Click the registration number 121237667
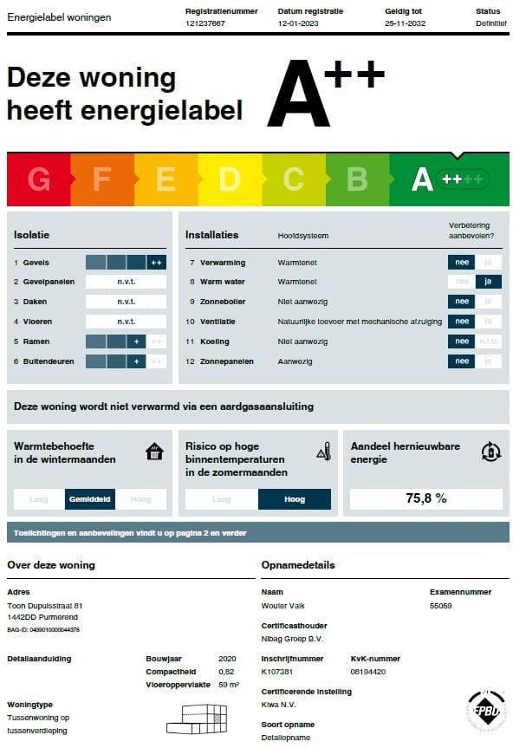tap(205, 24)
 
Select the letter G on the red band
tap(39, 179)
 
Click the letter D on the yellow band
tap(229, 179)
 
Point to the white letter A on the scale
tap(421, 179)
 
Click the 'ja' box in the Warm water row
tap(489, 282)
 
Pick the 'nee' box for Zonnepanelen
tap(461, 361)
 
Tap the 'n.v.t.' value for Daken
tap(127, 302)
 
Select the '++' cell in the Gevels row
tap(156, 263)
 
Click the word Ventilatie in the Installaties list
tap(218, 322)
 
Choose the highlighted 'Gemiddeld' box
tap(89, 499)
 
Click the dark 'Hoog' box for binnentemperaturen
tap(295, 499)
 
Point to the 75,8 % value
tap(425, 498)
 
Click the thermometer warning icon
tap(323, 451)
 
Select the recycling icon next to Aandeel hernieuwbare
tap(490, 451)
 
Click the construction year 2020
tap(227, 659)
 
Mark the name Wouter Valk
tap(282, 606)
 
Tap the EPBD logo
tap(487, 712)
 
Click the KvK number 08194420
tap(369, 672)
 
